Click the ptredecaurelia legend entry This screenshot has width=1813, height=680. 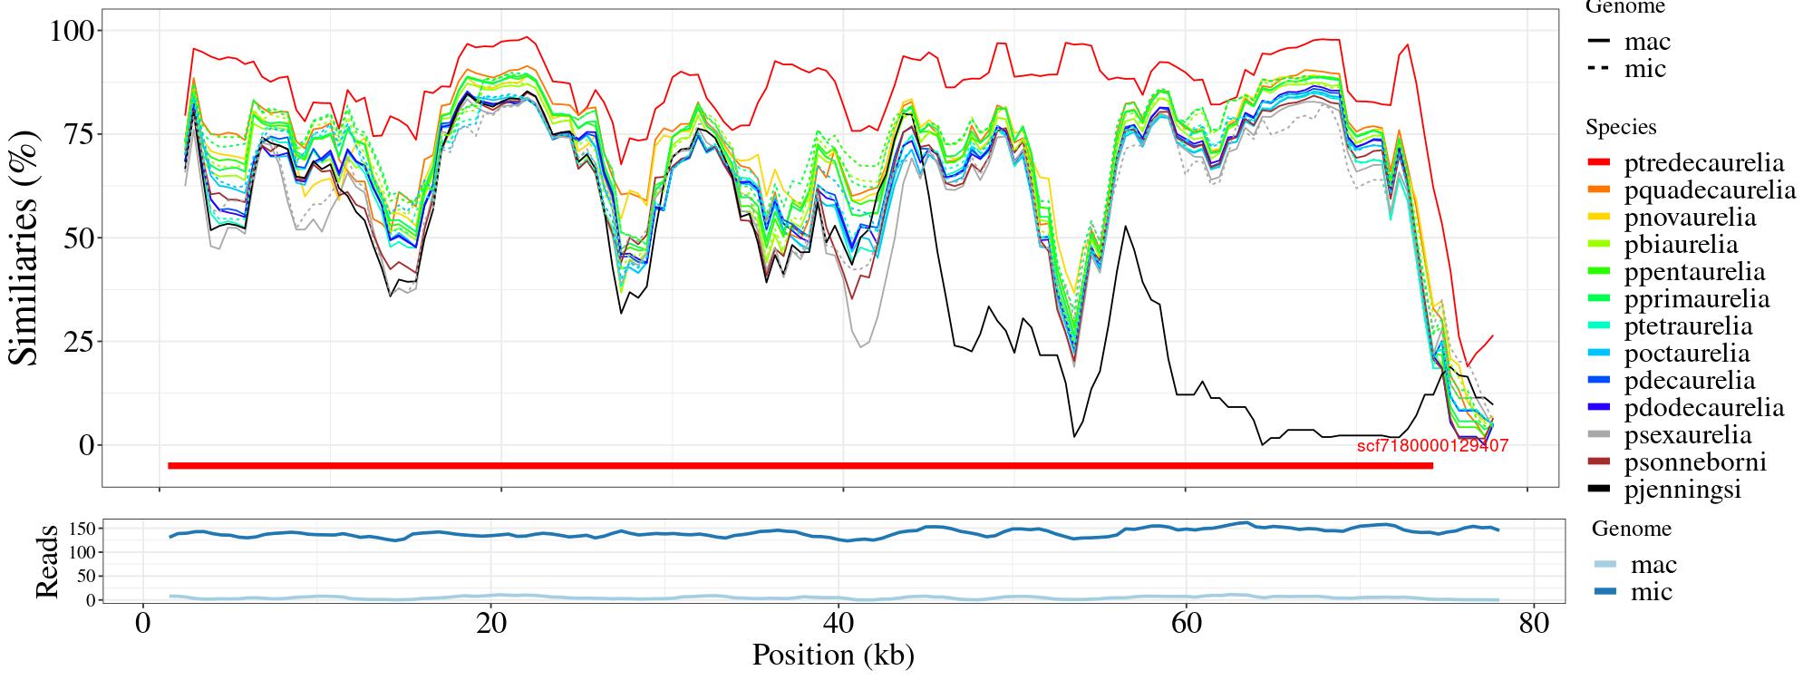(1703, 163)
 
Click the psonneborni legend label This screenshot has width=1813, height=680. (1695, 462)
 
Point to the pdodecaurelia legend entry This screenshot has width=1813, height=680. (1703, 408)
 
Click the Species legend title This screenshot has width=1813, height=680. (1621, 128)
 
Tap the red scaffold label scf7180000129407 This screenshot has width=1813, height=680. (1432, 446)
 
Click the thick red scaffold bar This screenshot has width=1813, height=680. (798, 466)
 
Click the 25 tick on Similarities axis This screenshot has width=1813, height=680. (79, 342)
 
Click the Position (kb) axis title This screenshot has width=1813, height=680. (832, 655)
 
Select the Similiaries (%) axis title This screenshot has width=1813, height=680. (25, 247)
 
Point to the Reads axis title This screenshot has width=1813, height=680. (46, 561)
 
